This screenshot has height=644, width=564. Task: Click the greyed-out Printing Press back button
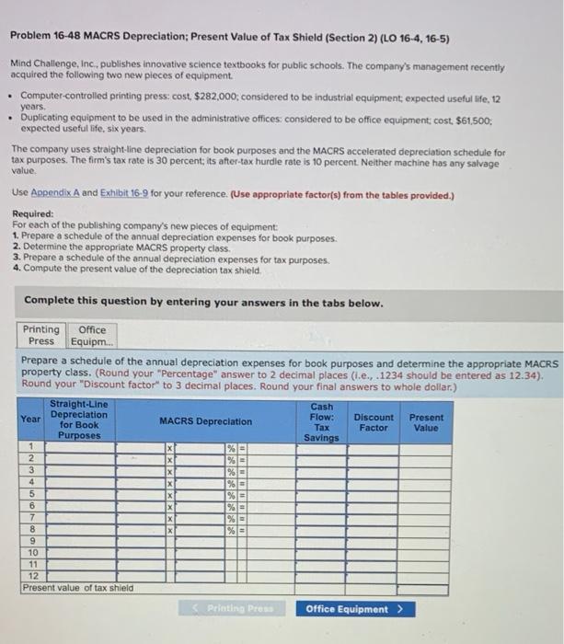[x=237, y=609]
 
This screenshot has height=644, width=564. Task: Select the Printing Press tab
[x=40, y=335]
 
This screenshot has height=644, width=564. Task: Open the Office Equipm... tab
[x=92, y=335]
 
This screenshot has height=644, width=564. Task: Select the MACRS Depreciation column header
[x=205, y=421]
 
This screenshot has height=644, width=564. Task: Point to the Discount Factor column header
[x=374, y=422]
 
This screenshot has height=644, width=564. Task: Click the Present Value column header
[x=425, y=422]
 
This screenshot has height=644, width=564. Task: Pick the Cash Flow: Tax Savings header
[x=322, y=421]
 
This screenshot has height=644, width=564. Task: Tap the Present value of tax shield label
[x=78, y=587]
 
